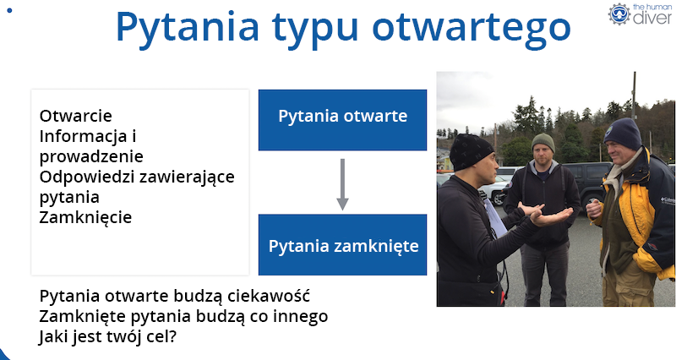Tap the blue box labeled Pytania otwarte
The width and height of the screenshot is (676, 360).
click(342, 117)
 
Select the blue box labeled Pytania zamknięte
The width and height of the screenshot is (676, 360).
click(342, 246)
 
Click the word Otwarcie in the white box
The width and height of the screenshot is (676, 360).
click(75, 116)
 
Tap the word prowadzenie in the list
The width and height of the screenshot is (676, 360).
click(91, 156)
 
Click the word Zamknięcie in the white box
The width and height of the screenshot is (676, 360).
click(85, 217)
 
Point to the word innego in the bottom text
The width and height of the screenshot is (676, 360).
click(299, 316)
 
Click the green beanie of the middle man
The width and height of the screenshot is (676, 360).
click(542, 141)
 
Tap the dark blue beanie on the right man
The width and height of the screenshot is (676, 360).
click(624, 131)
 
